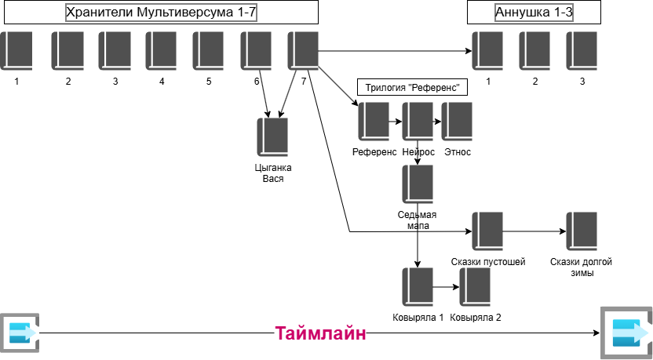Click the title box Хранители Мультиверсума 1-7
pos(159,13)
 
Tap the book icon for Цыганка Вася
pos(272,137)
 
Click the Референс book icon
pos(374,122)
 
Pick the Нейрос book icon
pos(418,122)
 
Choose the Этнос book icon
pos(457,122)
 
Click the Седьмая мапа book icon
pos(418,184)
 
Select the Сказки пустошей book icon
pos(487,231)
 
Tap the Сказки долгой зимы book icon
pos(581,231)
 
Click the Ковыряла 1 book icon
pos(418,288)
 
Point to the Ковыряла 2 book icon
pos(475,288)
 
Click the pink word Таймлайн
pos(320,333)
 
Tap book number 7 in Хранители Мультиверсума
pos(303,52)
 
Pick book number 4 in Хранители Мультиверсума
pos(161,52)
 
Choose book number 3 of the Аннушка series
pos(582,52)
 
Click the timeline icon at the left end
pos(17,333)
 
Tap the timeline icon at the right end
pos(626,333)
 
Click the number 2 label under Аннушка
pos(534,82)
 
